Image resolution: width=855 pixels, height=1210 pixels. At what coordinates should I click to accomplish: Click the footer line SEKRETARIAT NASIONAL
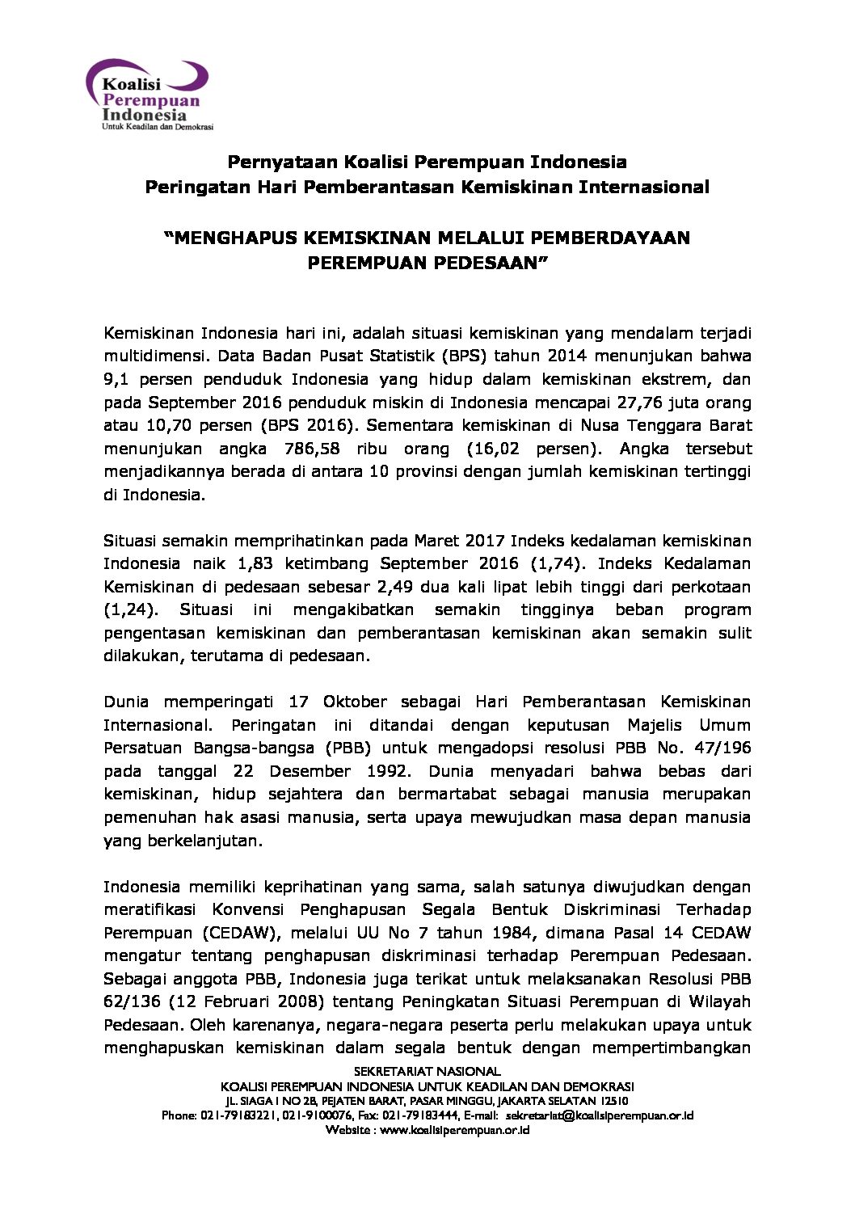point(428,1072)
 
